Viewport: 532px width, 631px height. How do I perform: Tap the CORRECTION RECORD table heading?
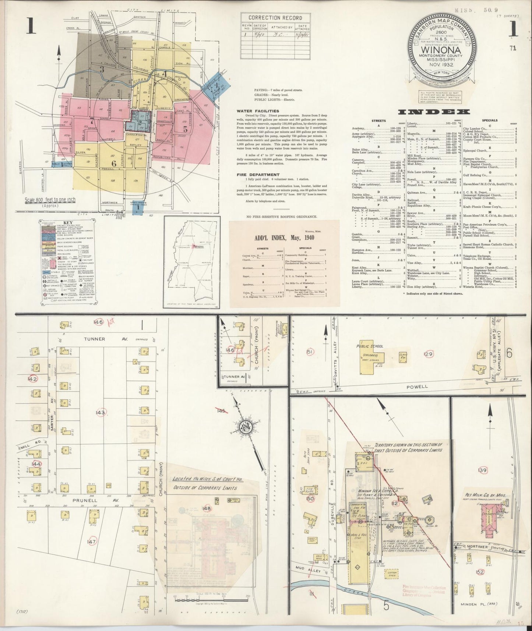pos(275,18)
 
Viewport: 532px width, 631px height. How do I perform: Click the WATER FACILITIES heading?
pos(258,111)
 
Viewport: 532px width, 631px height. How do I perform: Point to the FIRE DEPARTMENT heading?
pos(258,175)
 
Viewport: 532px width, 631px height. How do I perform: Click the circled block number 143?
pos(101,412)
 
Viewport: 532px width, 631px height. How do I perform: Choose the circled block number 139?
pos(482,470)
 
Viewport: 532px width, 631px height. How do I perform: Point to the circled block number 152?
pos(479,572)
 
